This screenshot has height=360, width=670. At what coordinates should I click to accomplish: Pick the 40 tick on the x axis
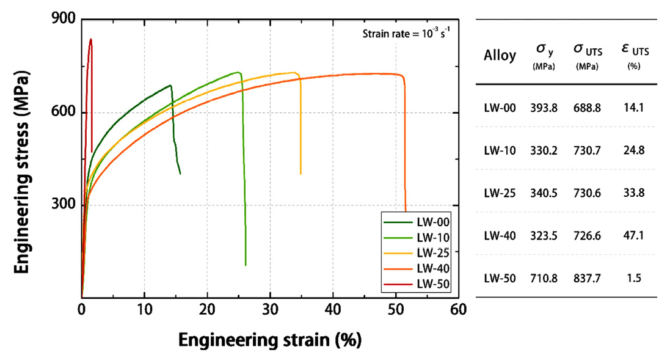pyautogui.click(x=333, y=309)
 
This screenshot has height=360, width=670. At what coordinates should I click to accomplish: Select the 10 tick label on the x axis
pyautogui.click(x=144, y=309)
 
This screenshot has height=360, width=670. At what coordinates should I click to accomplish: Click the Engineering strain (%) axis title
pyautogui.click(x=269, y=339)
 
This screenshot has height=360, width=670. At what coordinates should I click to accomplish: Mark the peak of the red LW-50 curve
pyautogui.click(x=90, y=40)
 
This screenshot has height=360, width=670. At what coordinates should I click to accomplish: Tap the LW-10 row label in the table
pyautogui.click(x=500, y=150)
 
